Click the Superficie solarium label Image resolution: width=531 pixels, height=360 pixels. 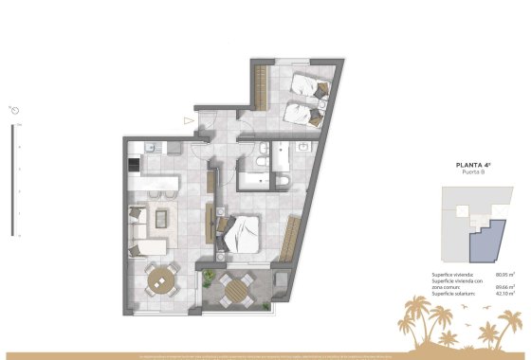click(x=452, y=294)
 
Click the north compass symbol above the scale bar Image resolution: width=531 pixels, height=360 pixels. click(x=16, y=108)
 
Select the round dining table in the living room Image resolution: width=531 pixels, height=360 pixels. click(x=164, y=279)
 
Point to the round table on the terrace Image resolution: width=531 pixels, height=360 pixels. click(x=232, y=287)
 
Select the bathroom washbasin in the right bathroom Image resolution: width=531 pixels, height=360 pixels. click(x=302, y=148)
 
